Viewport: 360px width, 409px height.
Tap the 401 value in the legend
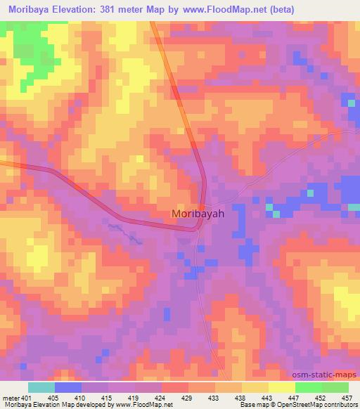pos(25,397)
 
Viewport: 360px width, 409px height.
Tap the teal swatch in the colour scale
pos(41,387)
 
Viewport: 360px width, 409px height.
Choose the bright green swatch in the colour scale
pos(308,387)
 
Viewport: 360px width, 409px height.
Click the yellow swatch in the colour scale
pos(281,387)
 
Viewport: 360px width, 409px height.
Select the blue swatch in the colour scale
pos(67,387)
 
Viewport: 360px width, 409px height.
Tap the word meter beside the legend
pos(10,397)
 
